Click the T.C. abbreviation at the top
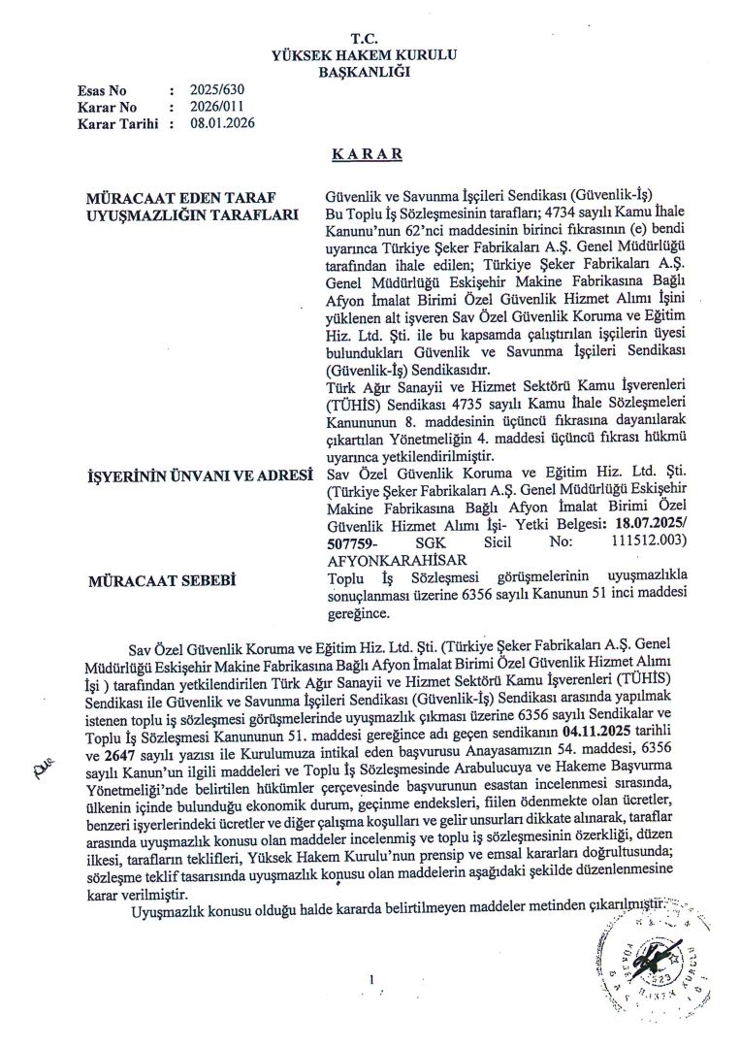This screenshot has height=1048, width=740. tap(366, 39)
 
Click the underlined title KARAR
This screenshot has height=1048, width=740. tap(366, 154)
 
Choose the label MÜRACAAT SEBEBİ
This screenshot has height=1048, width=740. tap(152, 580)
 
